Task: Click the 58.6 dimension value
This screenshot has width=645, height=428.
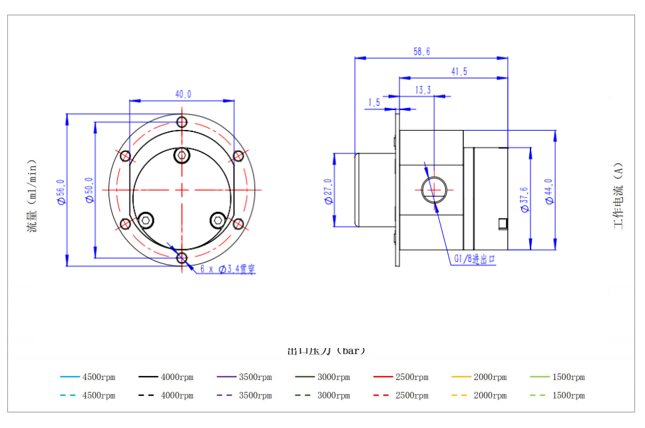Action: click(421, 51)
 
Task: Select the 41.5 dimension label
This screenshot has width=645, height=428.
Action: click(459, 71)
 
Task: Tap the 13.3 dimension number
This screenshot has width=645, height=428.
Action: click(423, 90)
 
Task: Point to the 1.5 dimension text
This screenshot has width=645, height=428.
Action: click(373, 103)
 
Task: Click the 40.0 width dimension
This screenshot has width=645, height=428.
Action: click(183, 95)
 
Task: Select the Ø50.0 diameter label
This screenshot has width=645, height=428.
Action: click(89, 191)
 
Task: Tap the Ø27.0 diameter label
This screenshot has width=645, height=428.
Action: click(327, 192)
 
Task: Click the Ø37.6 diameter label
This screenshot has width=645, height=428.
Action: click(524, 198)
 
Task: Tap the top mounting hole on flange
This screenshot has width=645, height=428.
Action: click(182, 123)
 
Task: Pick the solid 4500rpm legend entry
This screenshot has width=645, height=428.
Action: click(87, 377)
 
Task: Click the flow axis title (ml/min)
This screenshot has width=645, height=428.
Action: click(32, 197)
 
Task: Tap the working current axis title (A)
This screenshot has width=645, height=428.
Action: click(618, 196)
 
